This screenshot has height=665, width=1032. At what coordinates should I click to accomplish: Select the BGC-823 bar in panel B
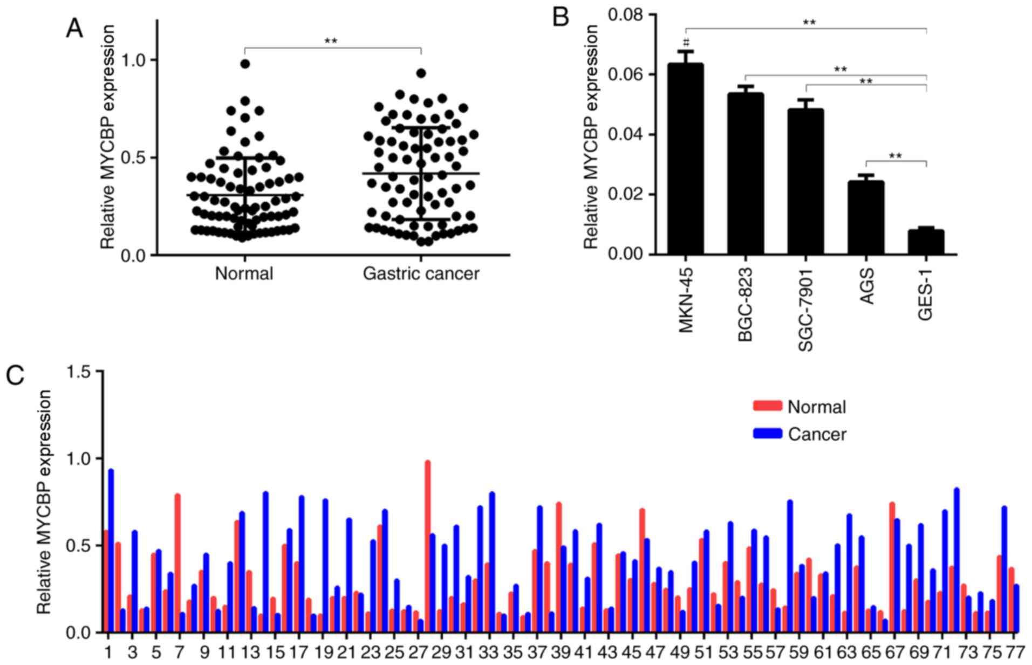(x=746, y=173)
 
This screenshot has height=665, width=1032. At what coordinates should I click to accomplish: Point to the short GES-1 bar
(x=926, y=242)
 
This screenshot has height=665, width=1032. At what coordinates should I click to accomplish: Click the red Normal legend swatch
(x=767, y=406)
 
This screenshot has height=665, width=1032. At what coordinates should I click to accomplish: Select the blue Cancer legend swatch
(x=767, y=433)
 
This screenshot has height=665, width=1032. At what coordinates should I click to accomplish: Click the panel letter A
(x=74, y=28)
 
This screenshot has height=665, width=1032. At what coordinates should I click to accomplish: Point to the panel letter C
(x=15, y=374)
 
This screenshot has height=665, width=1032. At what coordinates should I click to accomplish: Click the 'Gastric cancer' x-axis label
(x=421, y=274)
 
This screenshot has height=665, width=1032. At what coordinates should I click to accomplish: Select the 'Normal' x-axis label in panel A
(x=244, y=274)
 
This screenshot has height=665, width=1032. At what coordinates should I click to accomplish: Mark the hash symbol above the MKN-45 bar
(x=686, y=42)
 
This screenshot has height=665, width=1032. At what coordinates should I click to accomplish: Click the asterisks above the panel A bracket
(x=331, y=41)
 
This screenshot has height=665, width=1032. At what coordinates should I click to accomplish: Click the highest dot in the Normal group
(x=245, y=64)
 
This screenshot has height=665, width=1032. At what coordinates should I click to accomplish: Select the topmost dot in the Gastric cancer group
(x=421, y=73)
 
